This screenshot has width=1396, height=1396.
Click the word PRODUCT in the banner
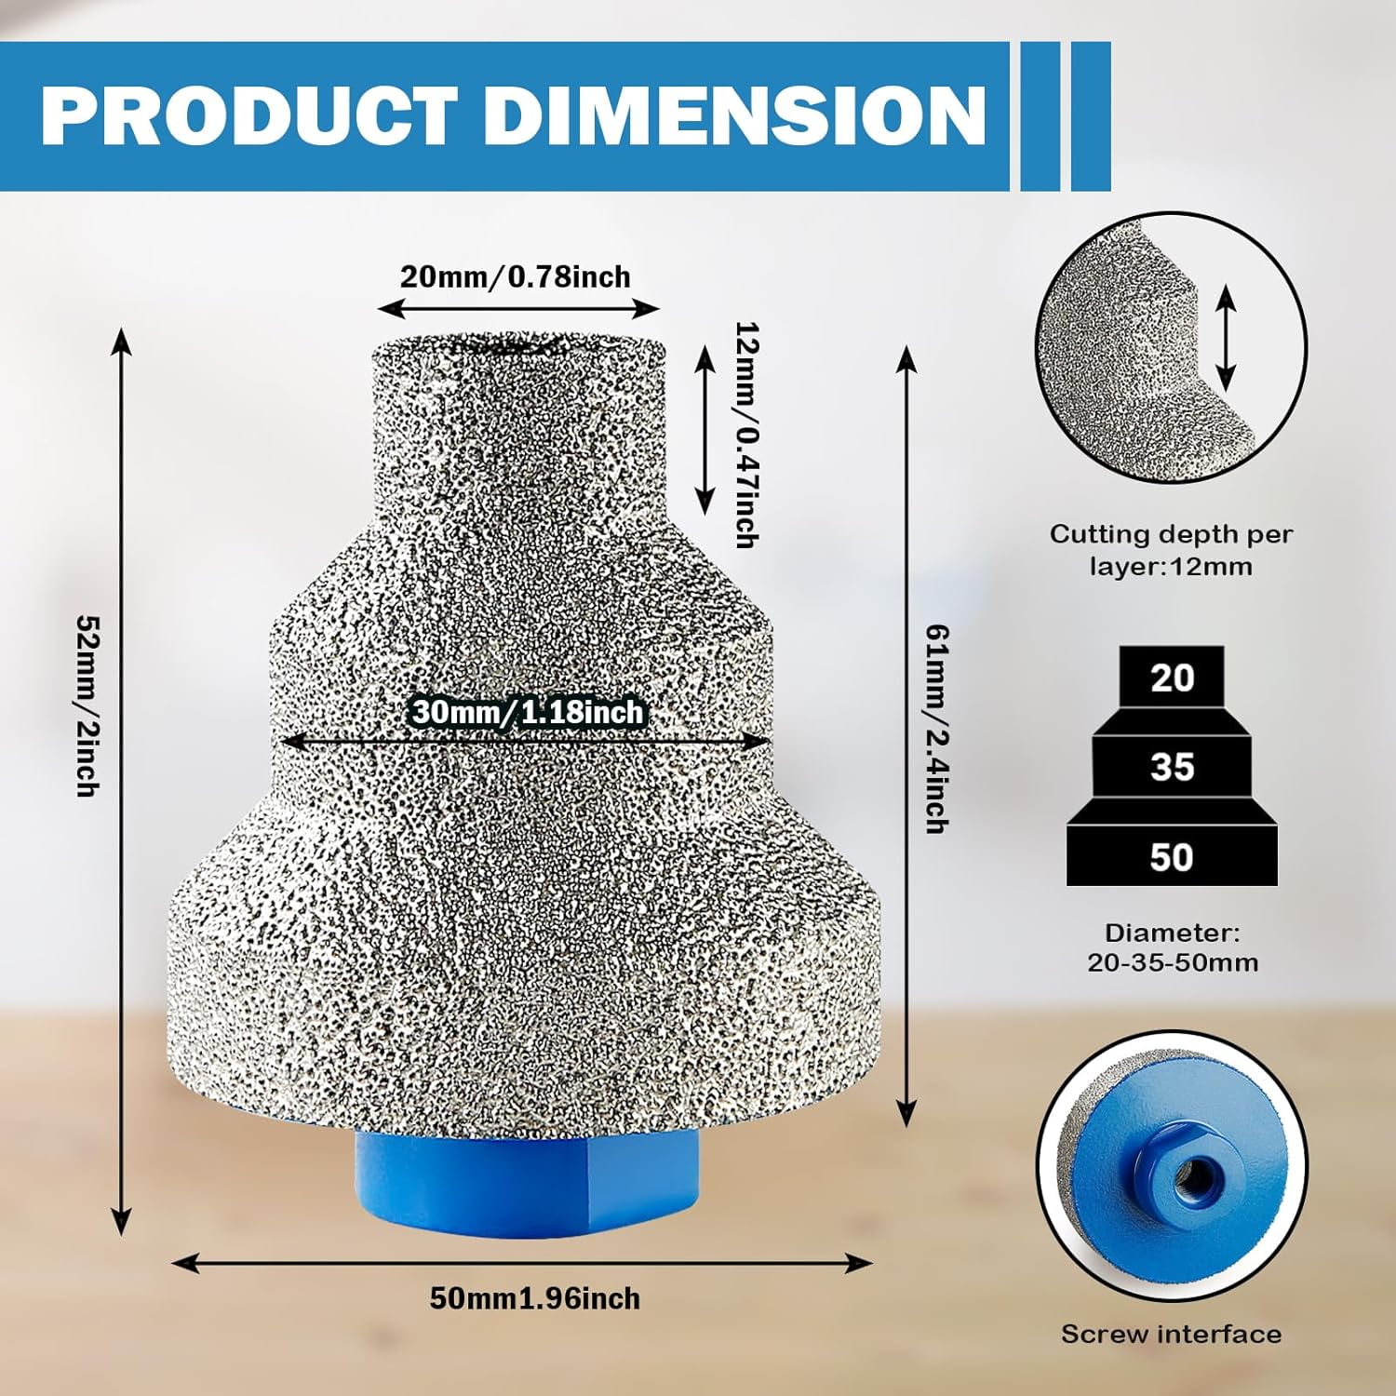click(x=250, y=115)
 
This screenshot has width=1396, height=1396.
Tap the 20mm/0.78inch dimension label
click(x=516, y=276)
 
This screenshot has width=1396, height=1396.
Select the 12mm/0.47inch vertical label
click(x=745, y=435)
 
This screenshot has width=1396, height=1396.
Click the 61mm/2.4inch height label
click(x=936, y=729)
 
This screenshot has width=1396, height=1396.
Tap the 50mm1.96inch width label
click(x=534, y=1298)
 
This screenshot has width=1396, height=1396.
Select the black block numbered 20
click(x=1172, y=678)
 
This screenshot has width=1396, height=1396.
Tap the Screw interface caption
click(x=1172, y=1334)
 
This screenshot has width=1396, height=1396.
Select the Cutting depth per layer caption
click(x=1172, y=550)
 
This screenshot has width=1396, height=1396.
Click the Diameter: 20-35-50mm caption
click(x=1173, y=947)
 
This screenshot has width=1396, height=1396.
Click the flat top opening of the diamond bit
click(x=518, y=346)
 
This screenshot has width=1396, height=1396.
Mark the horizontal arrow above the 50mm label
click(x=523, y=1263)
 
